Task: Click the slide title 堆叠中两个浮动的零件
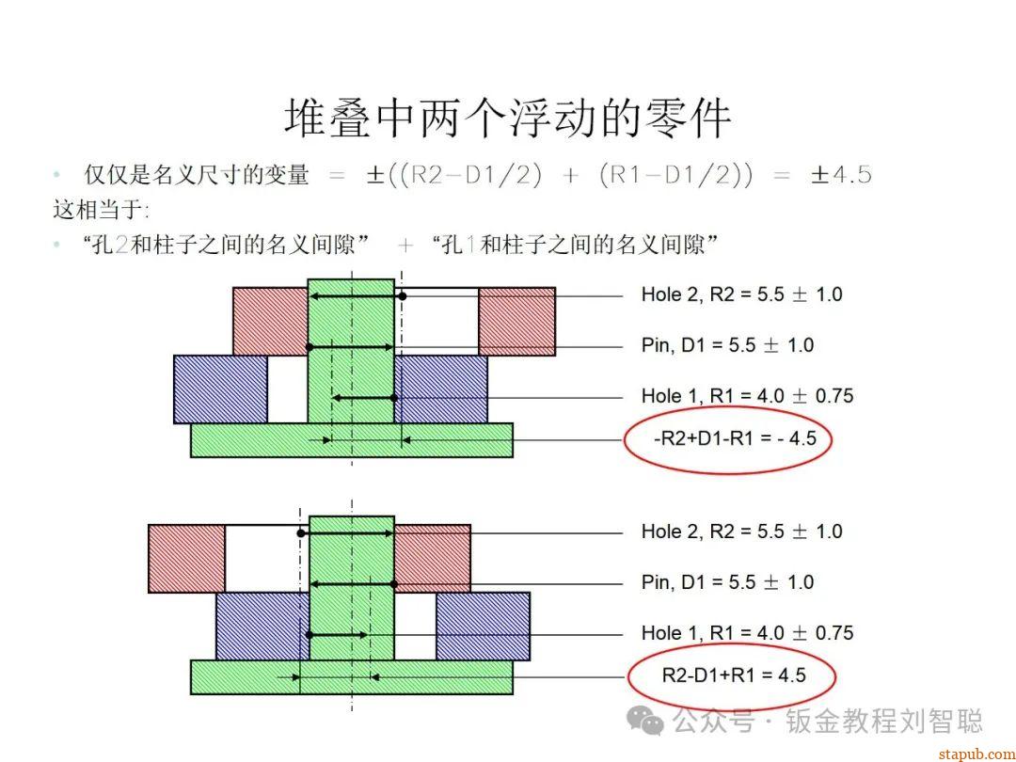click(507, 119)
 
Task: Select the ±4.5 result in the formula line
click(841, 175)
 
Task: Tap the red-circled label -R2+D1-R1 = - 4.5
click(729, 439)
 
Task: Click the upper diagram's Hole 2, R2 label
click(741, 294)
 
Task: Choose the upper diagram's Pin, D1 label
click(727, 345)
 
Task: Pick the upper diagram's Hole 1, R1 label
click(747, 396)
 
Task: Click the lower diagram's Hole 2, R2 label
click(741, 532)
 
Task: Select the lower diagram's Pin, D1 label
click(727, 582)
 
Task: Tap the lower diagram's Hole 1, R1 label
click(747, 633)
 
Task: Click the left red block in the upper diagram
click(270, 321)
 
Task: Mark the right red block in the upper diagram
click(516, 321)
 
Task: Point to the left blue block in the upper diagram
click(220, 389)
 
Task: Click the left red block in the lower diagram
click(186, 558)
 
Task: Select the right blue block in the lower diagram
click(483, 626)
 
